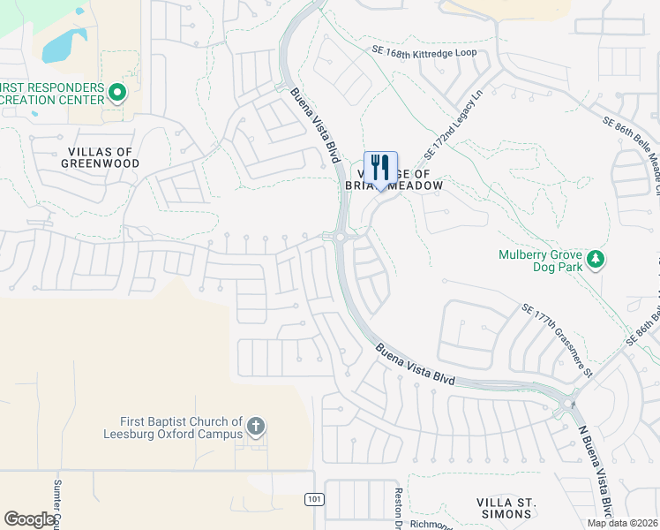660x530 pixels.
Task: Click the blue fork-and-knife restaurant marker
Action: coord(380,168)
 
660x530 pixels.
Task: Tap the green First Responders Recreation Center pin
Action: coord(116,92)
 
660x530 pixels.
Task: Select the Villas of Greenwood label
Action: coord(101,157)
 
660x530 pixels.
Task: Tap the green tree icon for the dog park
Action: coord(596,259)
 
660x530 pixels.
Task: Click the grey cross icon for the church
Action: coord(256,428)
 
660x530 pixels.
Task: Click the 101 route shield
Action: coord(314,500)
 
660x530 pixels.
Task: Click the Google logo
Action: coord(29,519)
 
